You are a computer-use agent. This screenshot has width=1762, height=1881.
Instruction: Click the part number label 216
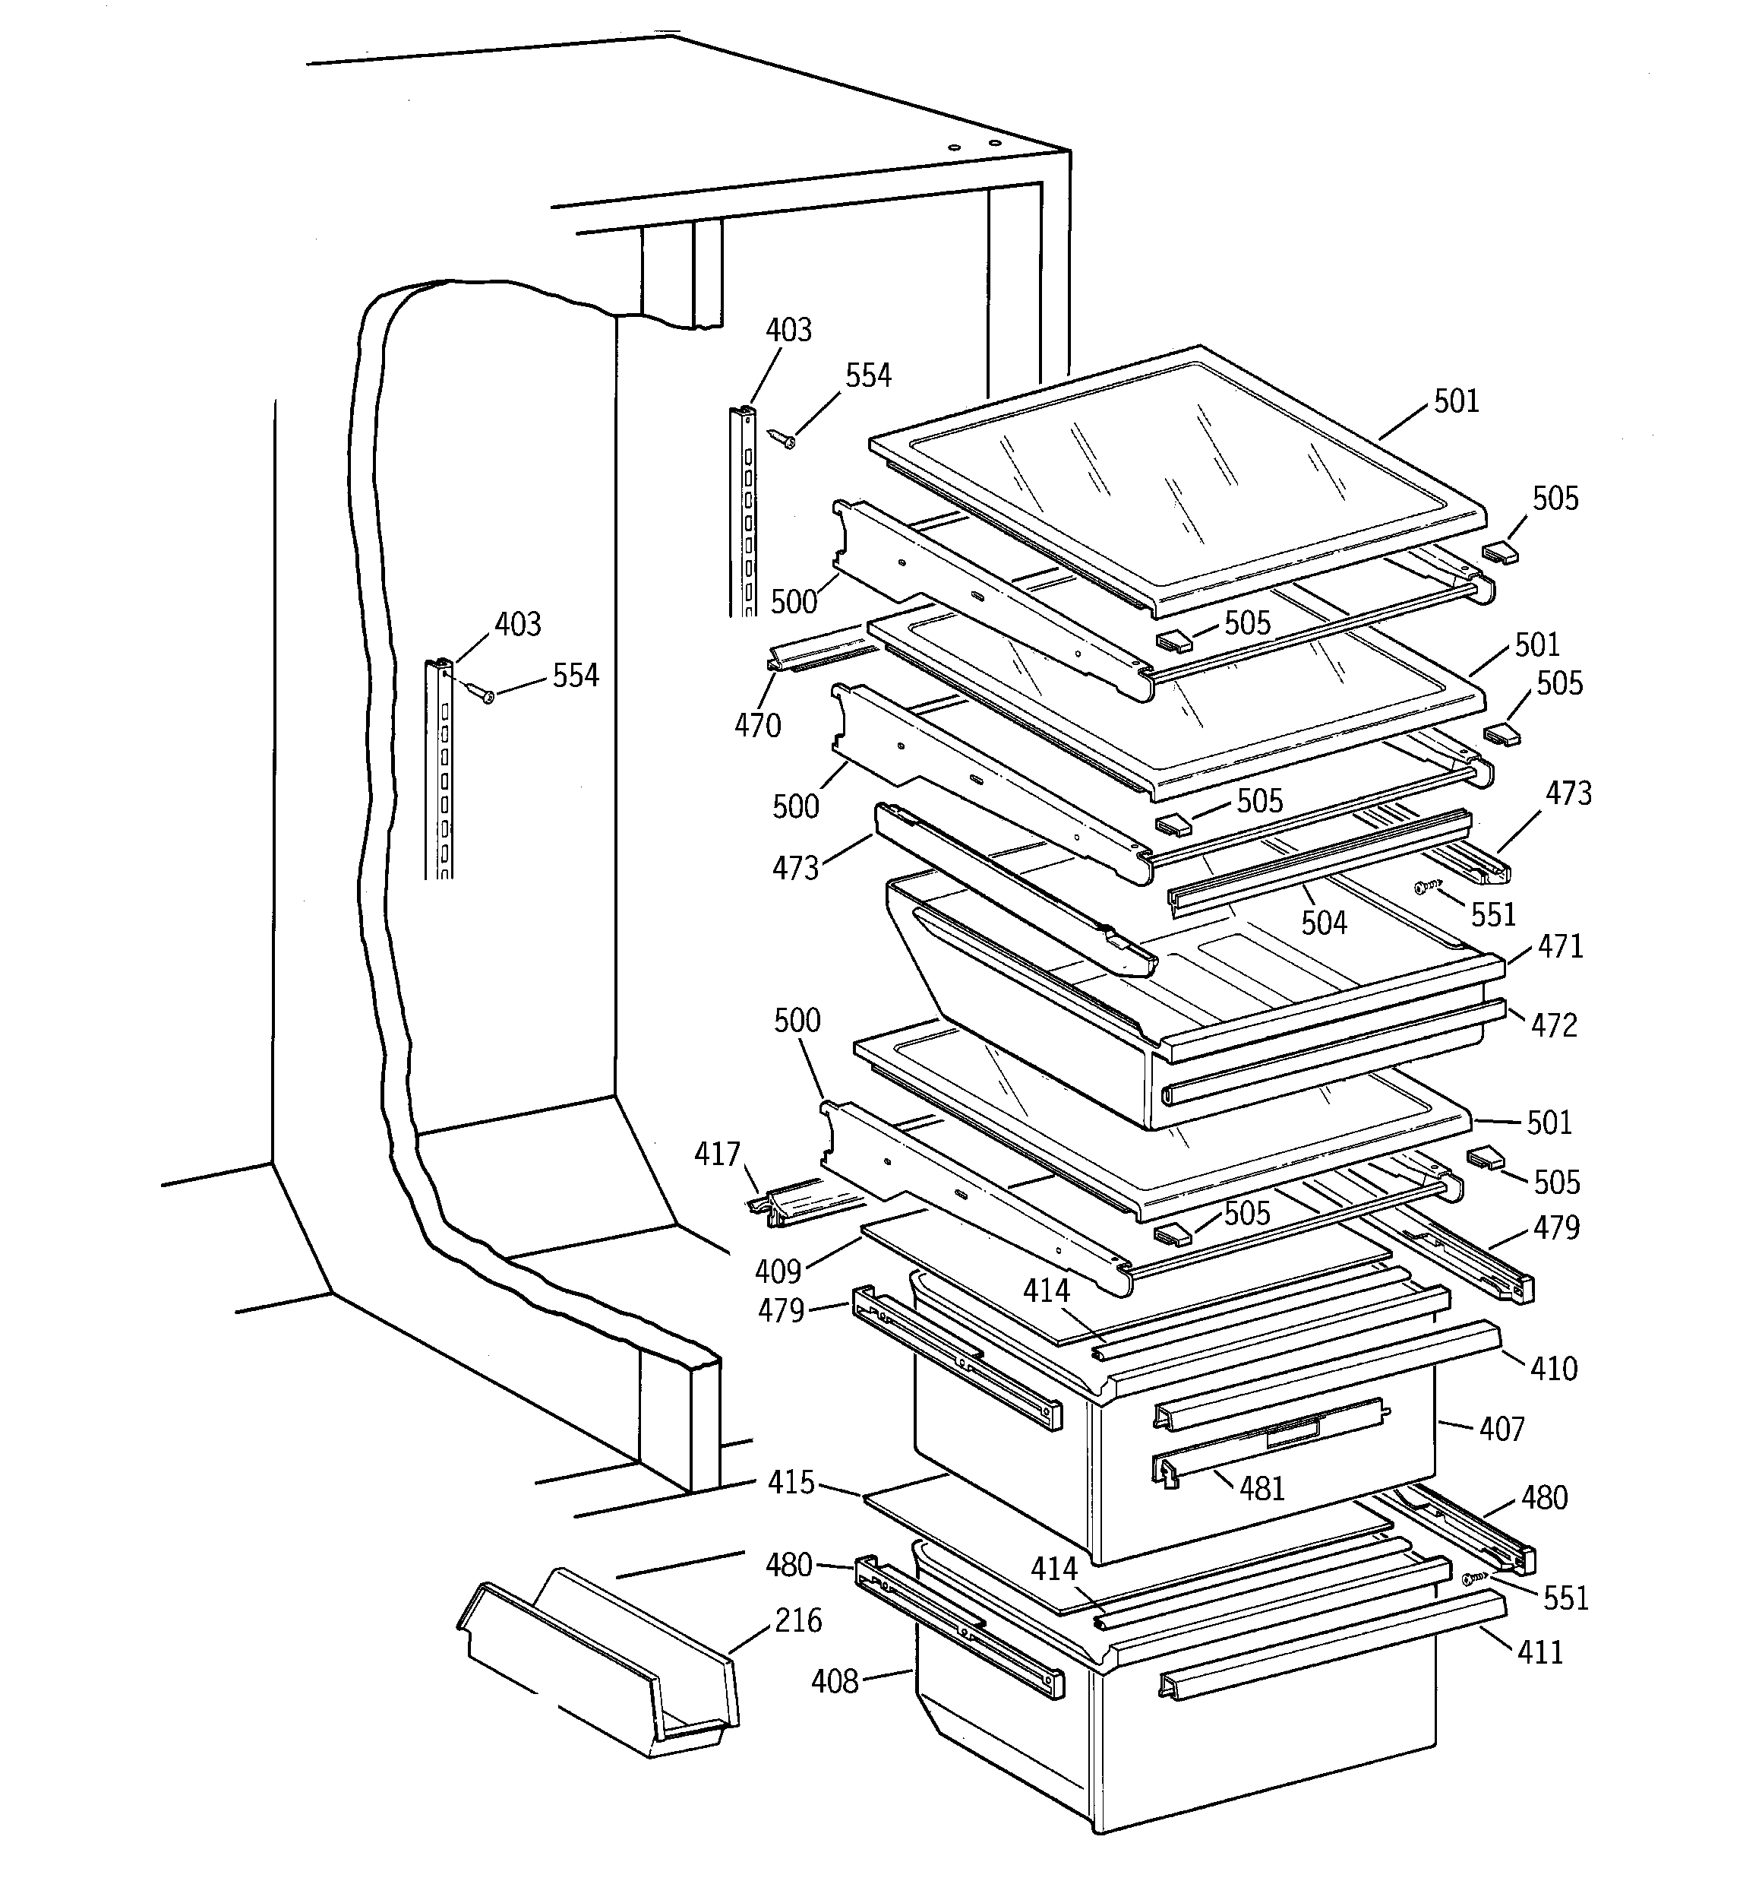pos(797,1621)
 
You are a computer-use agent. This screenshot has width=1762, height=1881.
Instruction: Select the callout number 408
pos(834,1681)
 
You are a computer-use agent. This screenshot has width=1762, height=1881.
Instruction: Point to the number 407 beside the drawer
pos(1502,1429)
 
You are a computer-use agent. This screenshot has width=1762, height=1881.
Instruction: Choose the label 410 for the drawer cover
pos(1554,1368)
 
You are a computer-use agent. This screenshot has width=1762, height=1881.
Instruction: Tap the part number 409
pos(778,1271)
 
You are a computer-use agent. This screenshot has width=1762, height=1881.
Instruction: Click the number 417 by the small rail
pos(717,1154)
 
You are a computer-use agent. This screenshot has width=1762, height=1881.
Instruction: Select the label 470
pos(756,726)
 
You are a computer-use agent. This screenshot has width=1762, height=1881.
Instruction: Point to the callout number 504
pos(1323,923)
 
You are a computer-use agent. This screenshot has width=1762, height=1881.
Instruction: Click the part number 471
pos(1560,945)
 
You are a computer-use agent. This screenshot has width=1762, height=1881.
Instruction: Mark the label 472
pos(1554,1024)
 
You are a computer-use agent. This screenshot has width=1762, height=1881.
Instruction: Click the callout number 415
pos(791,1483)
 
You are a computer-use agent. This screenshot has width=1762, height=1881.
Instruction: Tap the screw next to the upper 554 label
pos(784,438)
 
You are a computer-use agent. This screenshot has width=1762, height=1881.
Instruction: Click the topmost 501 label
pos(1456,401)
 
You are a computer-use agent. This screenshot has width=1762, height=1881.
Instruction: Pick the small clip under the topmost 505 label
pos(1500,552)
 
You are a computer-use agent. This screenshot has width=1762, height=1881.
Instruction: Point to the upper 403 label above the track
pos(788,330)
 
